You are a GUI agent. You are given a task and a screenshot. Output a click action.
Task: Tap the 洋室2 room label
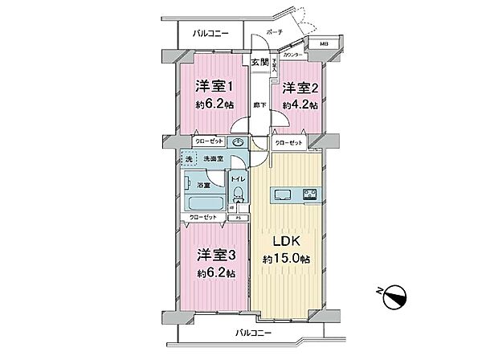coord(297,90)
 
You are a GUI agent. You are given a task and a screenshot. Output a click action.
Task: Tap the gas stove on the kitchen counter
coord(309,194)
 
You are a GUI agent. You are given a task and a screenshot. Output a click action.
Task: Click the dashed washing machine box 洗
coord(189,160)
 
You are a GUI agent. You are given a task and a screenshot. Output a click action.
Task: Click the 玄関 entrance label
coord(259,63)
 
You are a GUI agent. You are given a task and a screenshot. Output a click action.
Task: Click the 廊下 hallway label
coord(259,104)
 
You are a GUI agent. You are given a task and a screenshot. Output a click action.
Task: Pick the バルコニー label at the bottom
coord(251,332)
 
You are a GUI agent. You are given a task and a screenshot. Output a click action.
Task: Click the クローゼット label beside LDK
coord(289,143)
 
